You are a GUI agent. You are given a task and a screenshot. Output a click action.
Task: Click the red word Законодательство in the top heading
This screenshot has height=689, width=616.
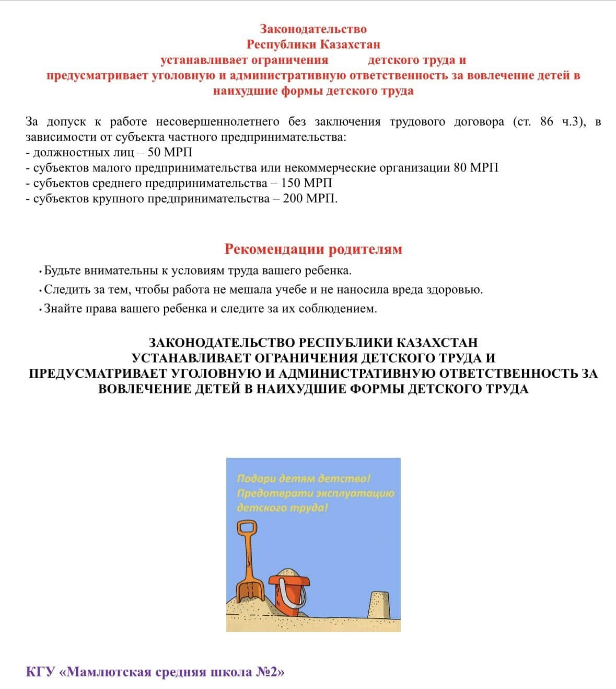[x=313, y=29]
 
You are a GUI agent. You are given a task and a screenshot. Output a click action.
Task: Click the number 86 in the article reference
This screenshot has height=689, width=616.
[x=547, y=122]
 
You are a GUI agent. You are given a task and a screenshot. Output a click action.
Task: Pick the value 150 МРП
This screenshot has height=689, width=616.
[x=306, y=183]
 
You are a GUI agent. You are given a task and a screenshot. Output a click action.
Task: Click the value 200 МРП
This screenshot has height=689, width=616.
[x=310, y=199]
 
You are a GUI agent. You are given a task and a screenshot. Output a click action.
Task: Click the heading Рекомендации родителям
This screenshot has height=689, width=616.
[x=313, y=249]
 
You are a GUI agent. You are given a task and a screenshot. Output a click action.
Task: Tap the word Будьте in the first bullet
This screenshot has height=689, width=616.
[x=62, y=271]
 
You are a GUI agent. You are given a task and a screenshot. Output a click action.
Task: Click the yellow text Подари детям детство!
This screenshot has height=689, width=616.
[x=304, y=478]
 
